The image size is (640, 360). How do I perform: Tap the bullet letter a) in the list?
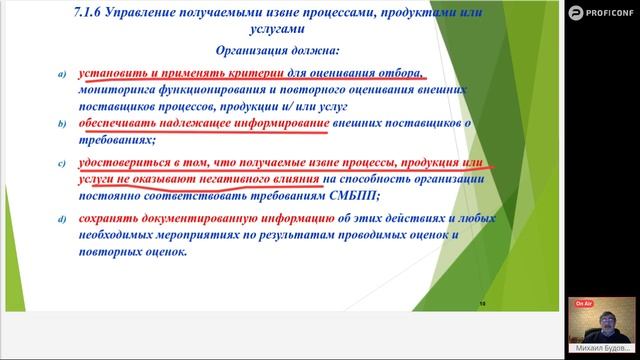point(62,74)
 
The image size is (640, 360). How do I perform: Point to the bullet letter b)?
point(62,124)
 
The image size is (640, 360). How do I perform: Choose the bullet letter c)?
point(62,162)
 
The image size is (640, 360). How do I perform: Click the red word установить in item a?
point(123,73)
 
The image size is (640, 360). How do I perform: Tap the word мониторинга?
point(131,89)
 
